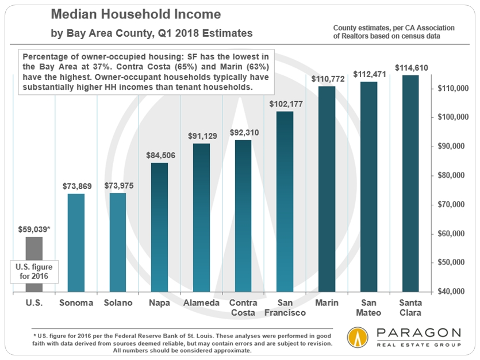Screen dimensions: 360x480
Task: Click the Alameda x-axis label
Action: coord(201,302)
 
